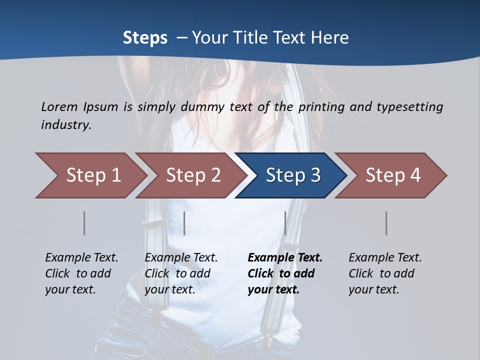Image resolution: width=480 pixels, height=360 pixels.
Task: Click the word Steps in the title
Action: pos(145,38)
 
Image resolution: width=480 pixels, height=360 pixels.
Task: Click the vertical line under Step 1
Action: pos(84,223)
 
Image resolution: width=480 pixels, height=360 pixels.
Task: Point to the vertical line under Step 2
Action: pos(184,223)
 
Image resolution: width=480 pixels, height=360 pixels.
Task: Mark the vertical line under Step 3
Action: pos(285,223)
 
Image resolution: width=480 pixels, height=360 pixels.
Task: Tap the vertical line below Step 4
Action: pos(386,223)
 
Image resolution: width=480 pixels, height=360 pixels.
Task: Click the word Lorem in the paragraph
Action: pos(59,106)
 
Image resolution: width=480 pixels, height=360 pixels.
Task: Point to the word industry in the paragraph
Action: pos(66,125)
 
